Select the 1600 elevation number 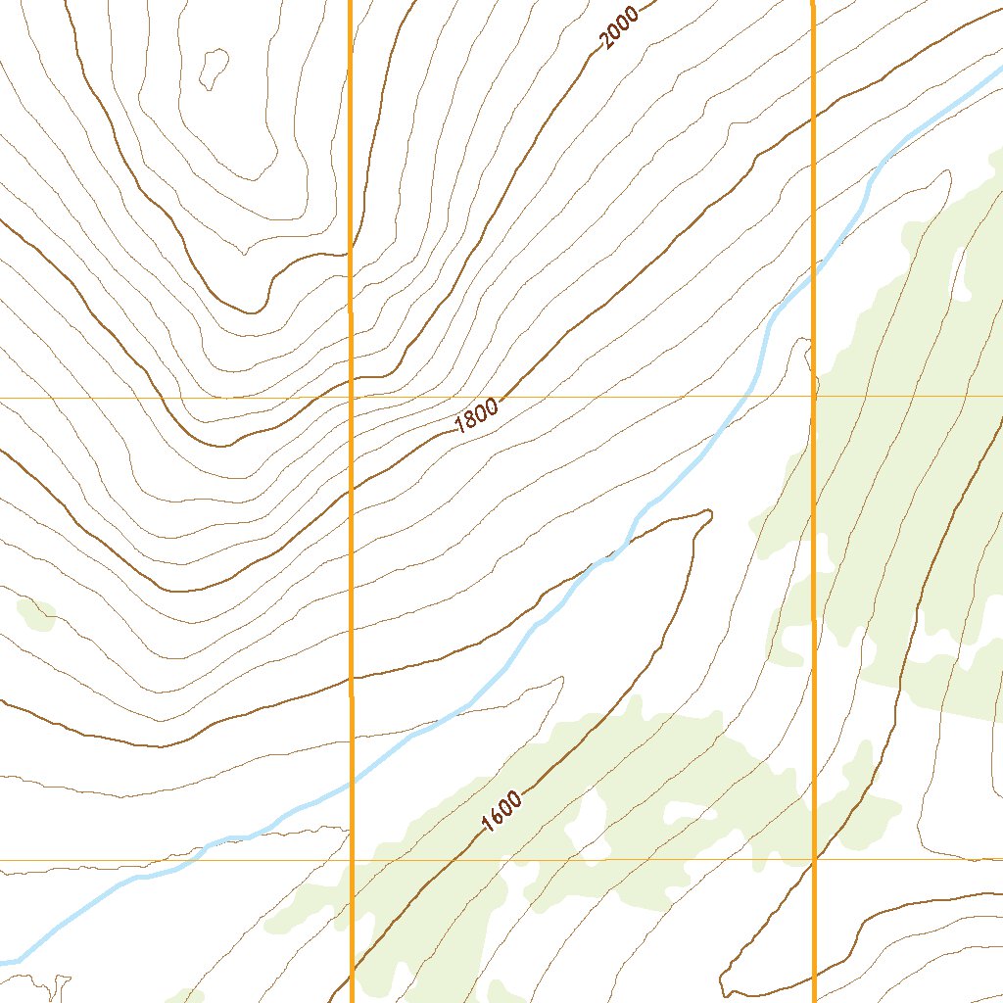point(501,811)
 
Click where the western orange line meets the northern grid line point(351,398)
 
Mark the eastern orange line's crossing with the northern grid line point(813,397)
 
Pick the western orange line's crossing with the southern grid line point(351,860)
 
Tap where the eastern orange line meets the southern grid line point(813,860)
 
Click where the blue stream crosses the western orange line point(351,782)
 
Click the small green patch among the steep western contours point(36,613)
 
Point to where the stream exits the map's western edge point(4,960)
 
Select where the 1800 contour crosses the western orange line point(351,485)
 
